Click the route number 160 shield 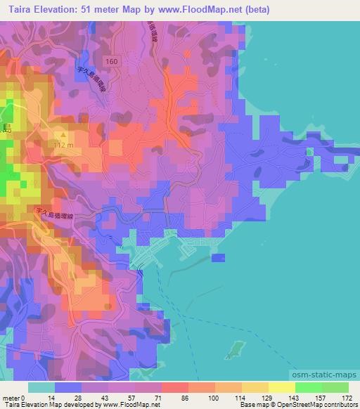pyautogui.click(x=113, y=62)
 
